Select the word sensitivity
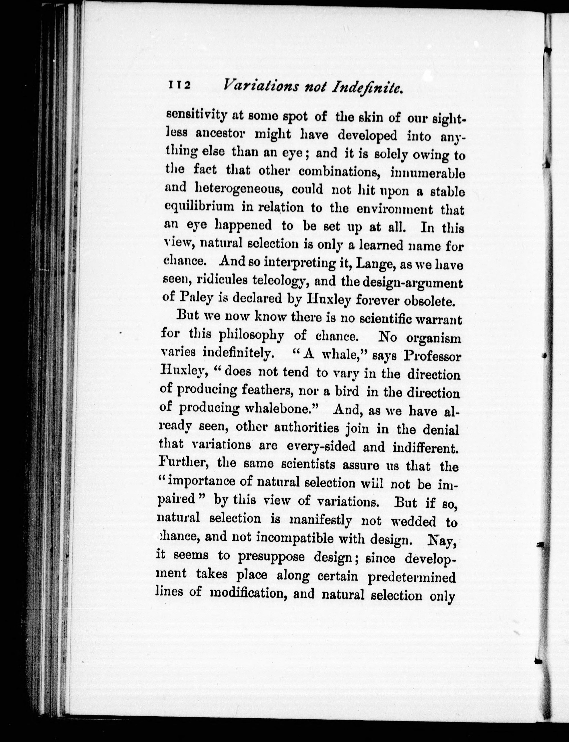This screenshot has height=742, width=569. click(x=196, y=115)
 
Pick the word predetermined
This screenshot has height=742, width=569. click(x=412, y=577)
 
